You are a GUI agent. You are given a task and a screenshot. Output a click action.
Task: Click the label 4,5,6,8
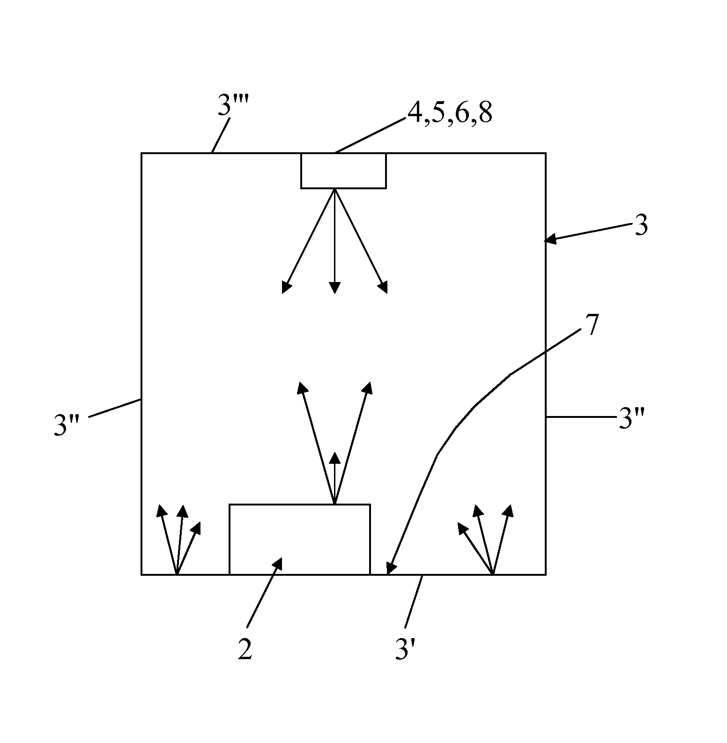[450, 113]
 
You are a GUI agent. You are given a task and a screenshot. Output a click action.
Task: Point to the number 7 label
[592, 326]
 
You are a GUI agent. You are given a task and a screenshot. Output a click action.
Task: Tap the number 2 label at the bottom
[245, 650]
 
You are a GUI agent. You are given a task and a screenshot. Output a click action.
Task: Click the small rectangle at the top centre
[343, 171]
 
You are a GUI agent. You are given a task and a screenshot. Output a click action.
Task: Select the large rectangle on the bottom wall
[300, 539]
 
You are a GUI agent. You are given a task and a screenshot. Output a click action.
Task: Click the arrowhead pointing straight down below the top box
[334, 288]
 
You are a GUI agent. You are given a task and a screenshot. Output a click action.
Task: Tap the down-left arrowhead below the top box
[286, 286]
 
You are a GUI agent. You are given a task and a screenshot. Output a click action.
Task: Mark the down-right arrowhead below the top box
[383, 286]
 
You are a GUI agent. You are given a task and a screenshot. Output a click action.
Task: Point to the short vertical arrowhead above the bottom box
[334, 459]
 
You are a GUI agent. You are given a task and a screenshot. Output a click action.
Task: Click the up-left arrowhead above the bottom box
[302, 388]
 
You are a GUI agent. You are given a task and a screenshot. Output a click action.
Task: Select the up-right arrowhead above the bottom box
[367, 388]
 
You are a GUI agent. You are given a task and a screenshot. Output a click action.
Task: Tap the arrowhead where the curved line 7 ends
[391, 568]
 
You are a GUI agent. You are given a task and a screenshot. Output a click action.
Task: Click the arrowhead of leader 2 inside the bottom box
[278, 564]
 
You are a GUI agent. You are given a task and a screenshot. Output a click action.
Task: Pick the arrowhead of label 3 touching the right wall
[550, 240]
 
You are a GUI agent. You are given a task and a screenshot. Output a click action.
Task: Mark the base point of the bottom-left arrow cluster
[177, 574]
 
